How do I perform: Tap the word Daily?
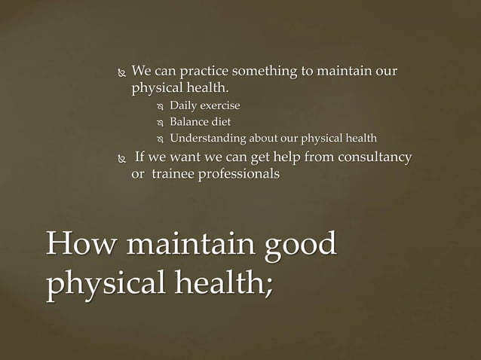[184, 105]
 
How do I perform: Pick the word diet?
[226, 122]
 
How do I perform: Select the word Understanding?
[207, 139]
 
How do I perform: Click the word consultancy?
[371, 157]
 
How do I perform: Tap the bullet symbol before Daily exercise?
[159, 106]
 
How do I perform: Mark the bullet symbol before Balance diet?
[159, 123]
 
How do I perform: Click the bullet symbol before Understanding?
[159, 139]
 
